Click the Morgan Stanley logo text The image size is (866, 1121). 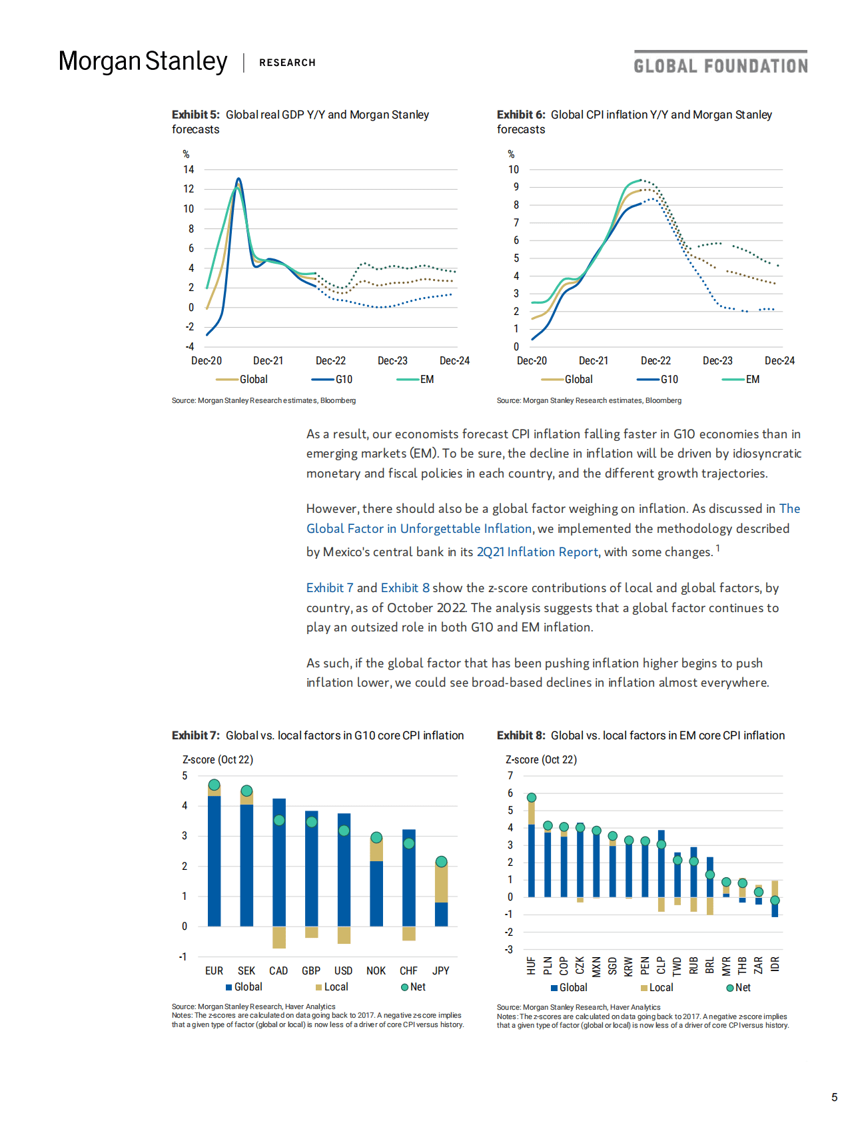click(143, 61)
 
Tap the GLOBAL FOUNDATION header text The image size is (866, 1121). click(720, 66)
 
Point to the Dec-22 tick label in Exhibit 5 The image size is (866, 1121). click(330, 361)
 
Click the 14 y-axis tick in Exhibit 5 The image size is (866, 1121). click(189, 170)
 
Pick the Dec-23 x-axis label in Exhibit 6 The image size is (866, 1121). click(717, 361)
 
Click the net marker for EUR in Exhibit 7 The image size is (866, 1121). click(214, 785)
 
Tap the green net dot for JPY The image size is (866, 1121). click(441, 862)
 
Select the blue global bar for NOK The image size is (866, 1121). click(376, 893)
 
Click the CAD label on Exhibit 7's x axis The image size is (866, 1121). click(278, 971)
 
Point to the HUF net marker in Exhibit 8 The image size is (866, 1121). click(532, 797)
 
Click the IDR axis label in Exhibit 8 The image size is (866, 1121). click(775, 964)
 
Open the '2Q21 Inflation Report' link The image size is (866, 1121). click(537, 552)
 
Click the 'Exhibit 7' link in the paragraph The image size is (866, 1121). click(330, 588)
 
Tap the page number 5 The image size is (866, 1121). click(834, 1098)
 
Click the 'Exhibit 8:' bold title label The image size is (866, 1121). click(521, 735)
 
